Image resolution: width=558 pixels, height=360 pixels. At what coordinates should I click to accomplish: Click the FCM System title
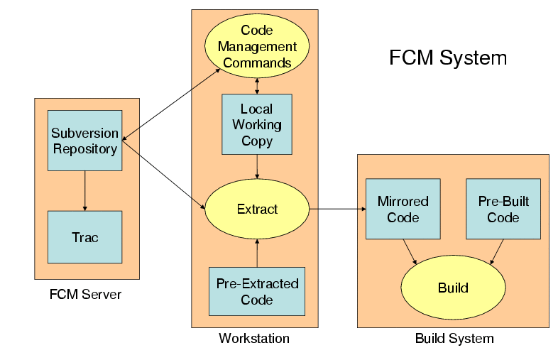[x=447, y=58]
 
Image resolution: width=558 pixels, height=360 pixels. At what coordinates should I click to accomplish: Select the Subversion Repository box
[x=84, y=141]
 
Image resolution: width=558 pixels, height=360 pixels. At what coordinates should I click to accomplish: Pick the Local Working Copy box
[x=257, y=124]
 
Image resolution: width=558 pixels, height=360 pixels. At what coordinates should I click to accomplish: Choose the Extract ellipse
[x=257, y=209]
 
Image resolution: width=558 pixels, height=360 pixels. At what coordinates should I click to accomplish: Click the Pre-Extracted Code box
[x=257, y=292]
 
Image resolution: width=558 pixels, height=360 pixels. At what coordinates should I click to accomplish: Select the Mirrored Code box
[x=403, y=209]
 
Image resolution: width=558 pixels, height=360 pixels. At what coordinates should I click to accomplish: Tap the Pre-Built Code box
[x=503, y=209]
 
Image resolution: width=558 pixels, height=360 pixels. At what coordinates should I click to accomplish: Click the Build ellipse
[x=453, y=288]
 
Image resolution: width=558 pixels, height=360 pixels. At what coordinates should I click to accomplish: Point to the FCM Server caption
[x=85, y=294]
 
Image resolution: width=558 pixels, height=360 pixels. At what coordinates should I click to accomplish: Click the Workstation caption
[x=254, y=339]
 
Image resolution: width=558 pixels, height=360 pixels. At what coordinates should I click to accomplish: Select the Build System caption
[x=454, y=339]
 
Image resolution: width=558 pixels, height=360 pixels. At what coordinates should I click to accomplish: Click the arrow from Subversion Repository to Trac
[x=85, y=190]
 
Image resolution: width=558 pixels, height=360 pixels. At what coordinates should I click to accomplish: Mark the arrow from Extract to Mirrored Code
[x=337, y=209]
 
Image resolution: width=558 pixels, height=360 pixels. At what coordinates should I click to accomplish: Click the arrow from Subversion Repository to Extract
[x=163, y=175]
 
